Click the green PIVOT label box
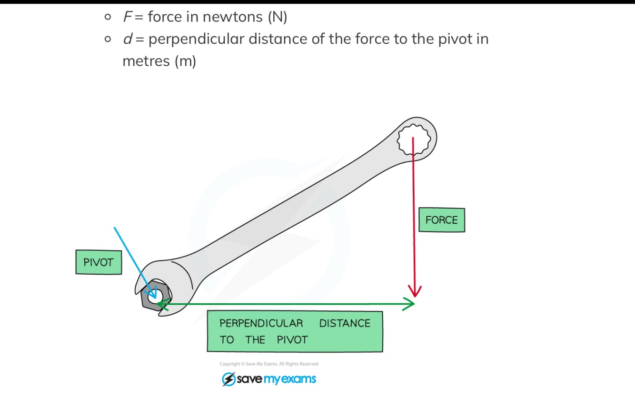pyautogui.click(x=99, y=262)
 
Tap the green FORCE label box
pyautogui.click(x=441, y=220)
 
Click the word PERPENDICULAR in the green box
pyautogui.click(x=261, y=323)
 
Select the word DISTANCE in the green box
pyautogui.click(x=345, y=323)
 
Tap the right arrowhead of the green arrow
pyautogui.click(x=409, y=304)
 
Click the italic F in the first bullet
pyautogui.click(x=127, y=17)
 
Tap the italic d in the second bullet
pyautogui.click(x=127, y=39)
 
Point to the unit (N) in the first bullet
pyautogui.click(x=278, y=17)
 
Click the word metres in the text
pyautogui.click(x=146, y=61)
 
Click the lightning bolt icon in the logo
pyautogui.click(x=228, y=379)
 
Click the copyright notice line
pyautogui.click(x=269, y=364)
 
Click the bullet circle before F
pyautogui.click(x=108, y=18)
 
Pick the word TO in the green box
pyautogui.click(x=227, y=340)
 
